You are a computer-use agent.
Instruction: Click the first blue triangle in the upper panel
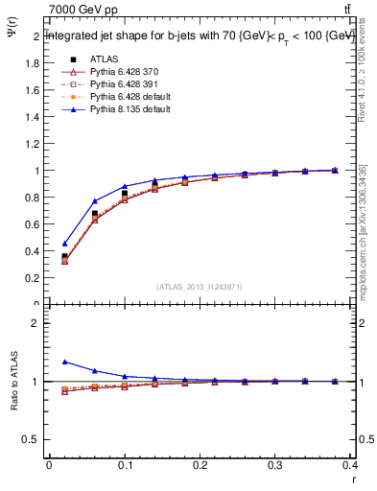click(64, 244)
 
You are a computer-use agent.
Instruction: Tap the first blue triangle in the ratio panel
click(64, 362)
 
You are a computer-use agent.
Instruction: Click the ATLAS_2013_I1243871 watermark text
click(200, 287)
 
